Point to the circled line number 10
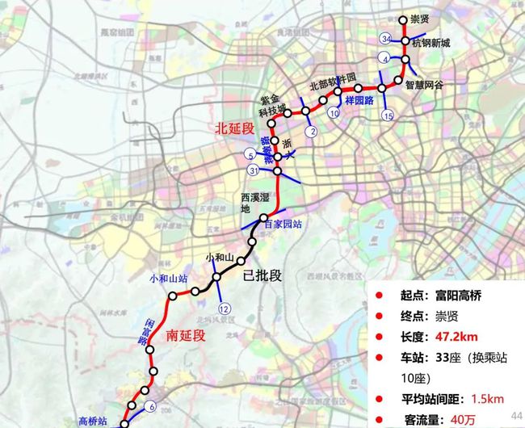point(334,114)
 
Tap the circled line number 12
point(224,308)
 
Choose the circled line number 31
point(254,170)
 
